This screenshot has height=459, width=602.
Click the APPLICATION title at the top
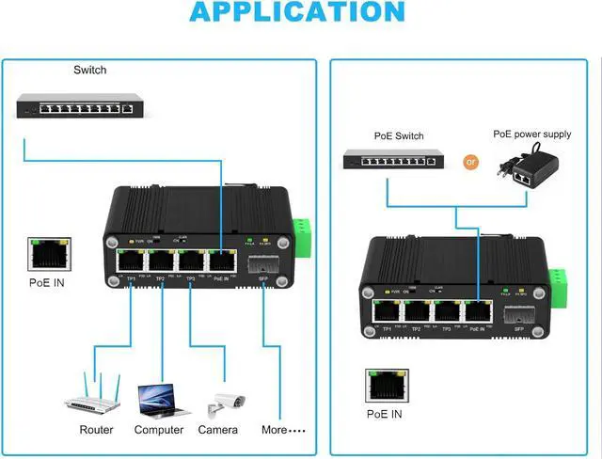(297, 12)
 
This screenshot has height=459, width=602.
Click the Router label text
(96, 430)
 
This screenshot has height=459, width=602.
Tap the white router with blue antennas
(94, 394)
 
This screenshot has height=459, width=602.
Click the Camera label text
(218, 430)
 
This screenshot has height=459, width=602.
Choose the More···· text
(283, 430)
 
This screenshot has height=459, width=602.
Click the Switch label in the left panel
(90, 70)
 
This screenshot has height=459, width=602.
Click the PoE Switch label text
(399, 135)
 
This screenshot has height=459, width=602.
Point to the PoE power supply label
(531, 135)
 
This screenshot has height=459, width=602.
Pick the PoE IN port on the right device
(477, 311)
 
